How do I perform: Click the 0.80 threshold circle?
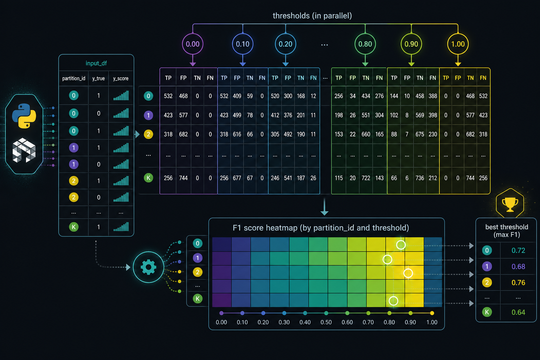click(x=365, y=44)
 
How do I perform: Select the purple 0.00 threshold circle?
click(x=193, y=44)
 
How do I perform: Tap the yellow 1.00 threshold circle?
click(x=458, y=44)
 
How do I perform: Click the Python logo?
click(x=24, y=116)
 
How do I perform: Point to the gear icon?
click(x=148, y=267)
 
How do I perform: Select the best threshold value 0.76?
click(x=518, y=282)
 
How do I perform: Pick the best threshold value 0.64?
click(x=518, y=312)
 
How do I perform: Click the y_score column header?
click(x=121, y=78)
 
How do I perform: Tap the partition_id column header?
click(x=74, y=78)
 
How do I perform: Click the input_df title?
click(x=96, y=63)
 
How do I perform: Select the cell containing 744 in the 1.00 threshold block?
click(x=470, y=178)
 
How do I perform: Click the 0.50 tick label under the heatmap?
click(x=326, y=322)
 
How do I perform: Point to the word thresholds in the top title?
click(x=291, y=16)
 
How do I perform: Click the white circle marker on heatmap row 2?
click(x=408, y=273)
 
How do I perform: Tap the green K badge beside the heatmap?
click(x=198, y=299)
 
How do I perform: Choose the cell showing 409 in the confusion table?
click(x=237, y=96)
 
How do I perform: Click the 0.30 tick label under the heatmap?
click(x=284, y=322)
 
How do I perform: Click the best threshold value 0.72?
click(x=518, y=250)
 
